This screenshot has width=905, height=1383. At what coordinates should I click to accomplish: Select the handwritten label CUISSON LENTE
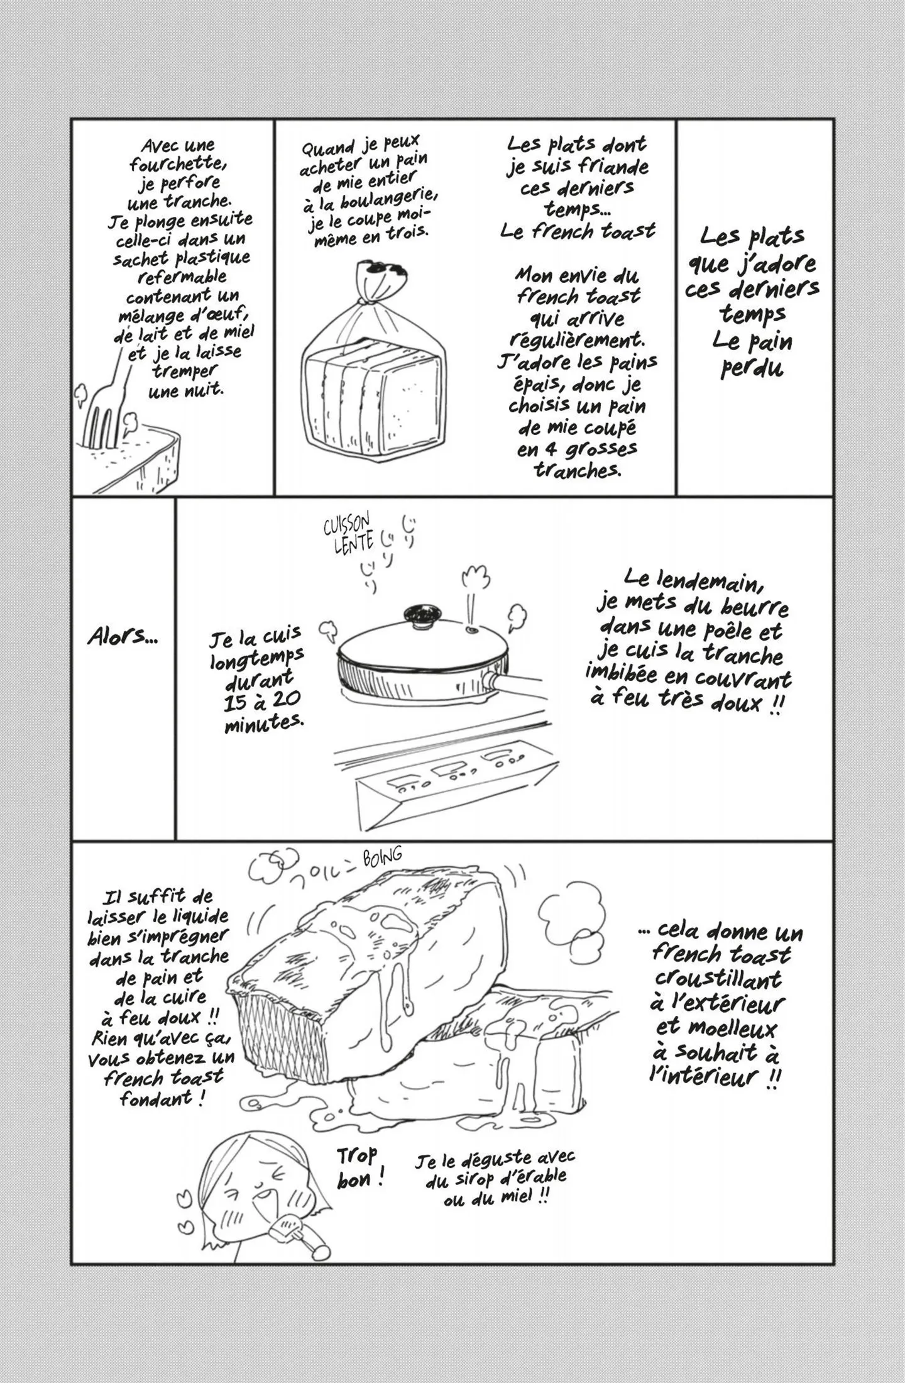(x=348, y=532)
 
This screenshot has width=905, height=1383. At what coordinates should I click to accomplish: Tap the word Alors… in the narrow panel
(x=123, y=637)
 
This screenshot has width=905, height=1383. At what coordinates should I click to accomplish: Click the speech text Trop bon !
(x=360, y=1168)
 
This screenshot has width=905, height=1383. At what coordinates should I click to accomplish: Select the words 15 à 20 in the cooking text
(x=262, y=700)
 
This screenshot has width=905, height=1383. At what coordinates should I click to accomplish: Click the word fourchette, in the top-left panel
(x=176, y=164)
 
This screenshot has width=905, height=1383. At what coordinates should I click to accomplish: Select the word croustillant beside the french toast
(x=718, y=979)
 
